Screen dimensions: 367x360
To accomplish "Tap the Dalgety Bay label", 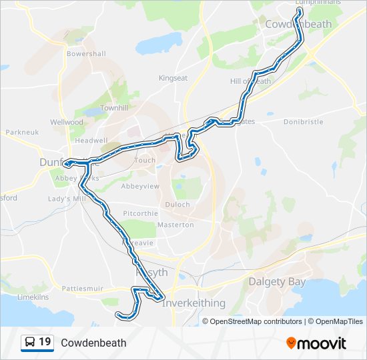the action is (277, 282).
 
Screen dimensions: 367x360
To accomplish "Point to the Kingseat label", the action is (173, 78).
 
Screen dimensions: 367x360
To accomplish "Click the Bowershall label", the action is (86, 53).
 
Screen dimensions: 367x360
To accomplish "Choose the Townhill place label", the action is (113, 108).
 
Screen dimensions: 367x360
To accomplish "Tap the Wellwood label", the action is (67, 123).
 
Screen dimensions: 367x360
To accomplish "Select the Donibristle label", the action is (303, 123).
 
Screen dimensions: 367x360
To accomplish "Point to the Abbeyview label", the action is (140, 187).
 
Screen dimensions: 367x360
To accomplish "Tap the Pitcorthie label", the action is (139, 214).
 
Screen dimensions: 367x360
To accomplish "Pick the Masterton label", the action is (175, 225).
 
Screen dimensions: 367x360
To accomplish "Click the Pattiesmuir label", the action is (81, 289).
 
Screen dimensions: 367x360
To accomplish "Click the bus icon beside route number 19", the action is (30, 343).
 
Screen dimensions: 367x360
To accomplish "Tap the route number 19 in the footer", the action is (45, 343).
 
